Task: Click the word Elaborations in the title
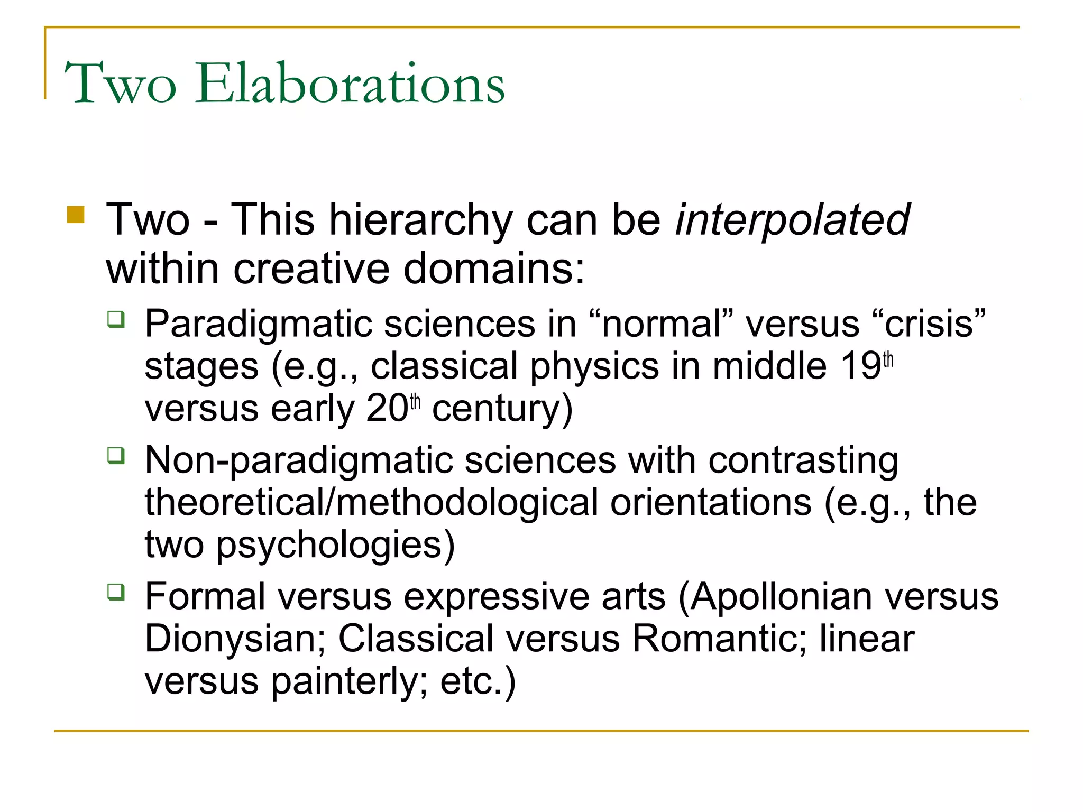pyautogui.click(x=350, y=84)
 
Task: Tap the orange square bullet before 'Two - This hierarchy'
pyautogui.click(x=76, y=215)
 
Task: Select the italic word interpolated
pyautogui.click(x=792, y=220)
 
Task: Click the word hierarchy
pyautogui.click(x=421, y=221)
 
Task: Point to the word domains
pyautogui.click(x=494, y=269)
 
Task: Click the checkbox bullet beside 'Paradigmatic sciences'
pyautogui.click(x=116, y=319)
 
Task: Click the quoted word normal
pyautogui.click(x=662, y=324)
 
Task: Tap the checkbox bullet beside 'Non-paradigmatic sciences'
pyautogui.click(x=116, y=455)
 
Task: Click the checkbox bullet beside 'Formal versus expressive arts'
pyautogui.click(x=116, y=592)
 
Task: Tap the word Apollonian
pyautogui.click(x=781, y=596)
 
